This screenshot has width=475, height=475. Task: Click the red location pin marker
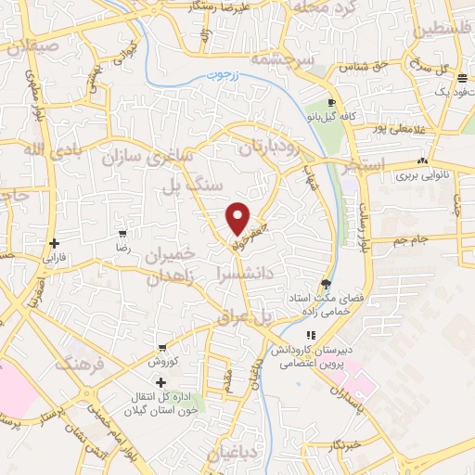[238, 217]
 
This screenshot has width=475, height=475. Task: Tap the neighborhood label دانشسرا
[244, 274]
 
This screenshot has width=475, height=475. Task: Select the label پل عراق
[246, 316]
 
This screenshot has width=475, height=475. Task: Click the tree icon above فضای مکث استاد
[325, 284]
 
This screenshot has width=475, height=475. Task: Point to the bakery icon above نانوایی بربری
[423, 160]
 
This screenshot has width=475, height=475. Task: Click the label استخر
[340, 171]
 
